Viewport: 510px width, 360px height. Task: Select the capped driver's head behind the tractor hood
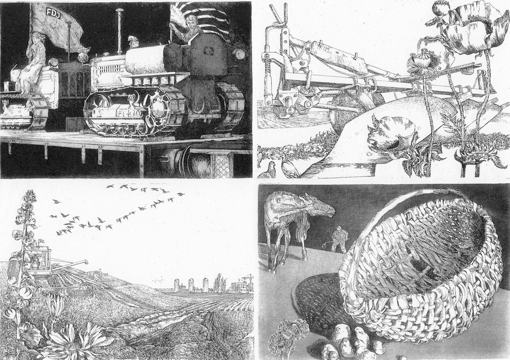(133, 41)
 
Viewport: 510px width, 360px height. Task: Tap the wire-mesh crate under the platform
(222, 165)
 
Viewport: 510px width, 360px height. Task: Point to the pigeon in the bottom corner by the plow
(267, 170)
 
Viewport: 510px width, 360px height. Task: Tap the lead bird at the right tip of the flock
(181, 194)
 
